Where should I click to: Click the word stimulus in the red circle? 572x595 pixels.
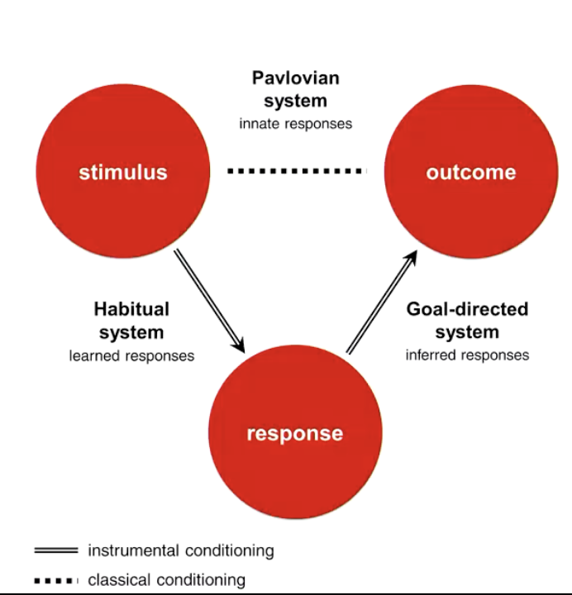click(123, 172)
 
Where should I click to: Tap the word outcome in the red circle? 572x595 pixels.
click(470, 172)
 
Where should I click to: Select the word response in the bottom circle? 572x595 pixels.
click(294, 433)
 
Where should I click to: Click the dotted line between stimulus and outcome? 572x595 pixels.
click(296, 171)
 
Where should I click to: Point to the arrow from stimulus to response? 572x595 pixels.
click(209, 299)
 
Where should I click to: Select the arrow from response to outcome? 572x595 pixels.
click(380, 302)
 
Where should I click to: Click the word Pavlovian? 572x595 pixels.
click(296, 79)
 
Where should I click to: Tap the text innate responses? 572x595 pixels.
click(296, 124)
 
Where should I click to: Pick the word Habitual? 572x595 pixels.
click(131, 310)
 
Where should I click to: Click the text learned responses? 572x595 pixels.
click(131, 356)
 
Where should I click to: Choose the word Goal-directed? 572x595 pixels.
click(467, 310)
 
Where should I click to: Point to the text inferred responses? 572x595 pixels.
click(467, 355)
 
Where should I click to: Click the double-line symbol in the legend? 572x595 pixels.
click(55, 550)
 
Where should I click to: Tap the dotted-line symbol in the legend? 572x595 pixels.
click(55, 580)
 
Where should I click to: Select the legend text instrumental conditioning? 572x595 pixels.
click(180, 550)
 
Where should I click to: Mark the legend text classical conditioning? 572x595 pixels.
click(166, 580)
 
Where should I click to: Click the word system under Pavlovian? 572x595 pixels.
click(296, 102)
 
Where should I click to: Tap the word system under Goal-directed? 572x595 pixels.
click(467, 332)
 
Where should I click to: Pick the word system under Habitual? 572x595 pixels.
click(131, 332)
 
